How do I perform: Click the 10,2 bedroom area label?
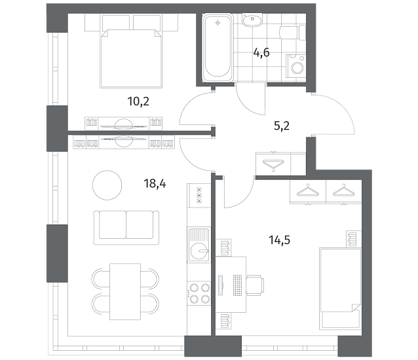tap(138, 101)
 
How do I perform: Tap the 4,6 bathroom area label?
tap(261, 52)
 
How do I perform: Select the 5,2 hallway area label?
tap(282, 126)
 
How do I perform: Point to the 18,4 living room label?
tap(155, 183)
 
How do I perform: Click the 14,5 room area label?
tap(279, 240)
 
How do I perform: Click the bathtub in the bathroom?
tap(218, 48)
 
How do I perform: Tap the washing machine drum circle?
tap(297, 67)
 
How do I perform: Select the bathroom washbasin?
tap(252, 20)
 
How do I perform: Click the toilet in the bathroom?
tap(293, 33)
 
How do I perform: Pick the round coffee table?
tap(107, 185)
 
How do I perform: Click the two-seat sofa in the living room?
tap(126, 228)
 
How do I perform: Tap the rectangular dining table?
tap(125, 291)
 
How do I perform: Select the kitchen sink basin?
tap(199, 244)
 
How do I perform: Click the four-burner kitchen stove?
tap(199, 293)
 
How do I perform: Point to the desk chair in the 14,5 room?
tap(255, 285)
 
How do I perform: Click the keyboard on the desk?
tap(238, 285)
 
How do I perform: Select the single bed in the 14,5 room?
tap(341, 288)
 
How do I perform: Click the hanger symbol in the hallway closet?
tap(273, 164)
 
